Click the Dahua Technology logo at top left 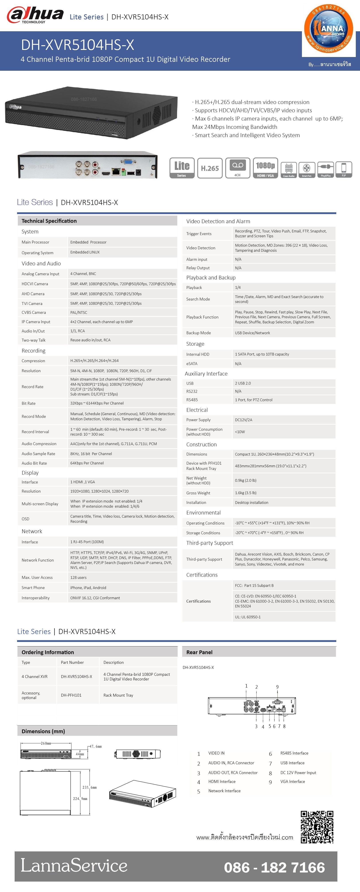click(35, 16)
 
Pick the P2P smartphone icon click(344, 169)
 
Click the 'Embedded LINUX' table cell click(85, 252)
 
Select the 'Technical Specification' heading click(49, 221)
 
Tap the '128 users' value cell click(78, 578)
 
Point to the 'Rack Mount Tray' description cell click(118, 695)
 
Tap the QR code click(317, 827)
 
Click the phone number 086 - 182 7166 click(274, 867)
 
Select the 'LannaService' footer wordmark click(74, 865)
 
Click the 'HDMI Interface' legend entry click(222, 782)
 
